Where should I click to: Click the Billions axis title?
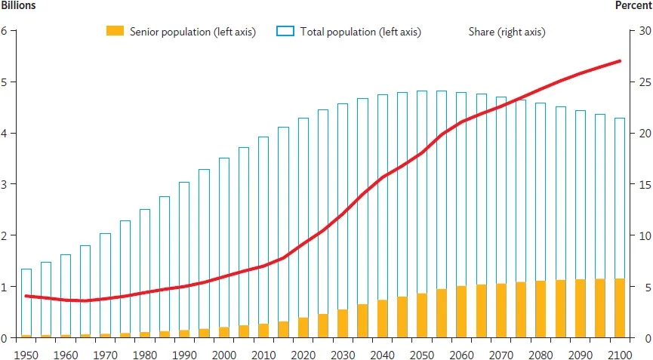pyautogui.click(x=18, y=5)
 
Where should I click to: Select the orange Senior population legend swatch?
pyautogui.click(x=115, y=31)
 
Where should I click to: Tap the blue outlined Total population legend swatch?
pyautogui.click(x=285, y=31)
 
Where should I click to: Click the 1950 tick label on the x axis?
pyautogui.click(x=26, y=353)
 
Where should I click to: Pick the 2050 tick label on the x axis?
pyautogui.click(x=422, y=353)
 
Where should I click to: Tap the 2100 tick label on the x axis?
pyautogui.click(x=620, y=353)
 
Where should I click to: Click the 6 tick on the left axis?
pyautogui.click(x=5, y=31)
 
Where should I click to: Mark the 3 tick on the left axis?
pyautogui.click(x=5, y=184)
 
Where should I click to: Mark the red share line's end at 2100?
pyautogui.click(x=620, y=61)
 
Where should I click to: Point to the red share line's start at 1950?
pyautogui.click(x=26, y=296)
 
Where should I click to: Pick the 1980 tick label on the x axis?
pyautogui.click(x=145, y=353)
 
